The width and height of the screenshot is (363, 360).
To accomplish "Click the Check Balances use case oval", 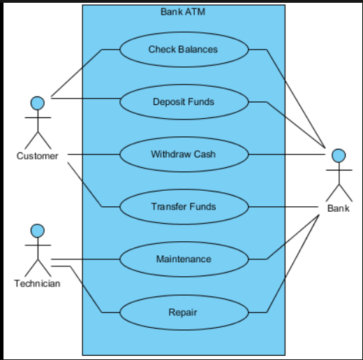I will [184, 50].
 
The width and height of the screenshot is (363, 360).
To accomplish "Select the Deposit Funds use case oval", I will [184, 102].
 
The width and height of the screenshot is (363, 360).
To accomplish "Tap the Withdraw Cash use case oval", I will [184, 154].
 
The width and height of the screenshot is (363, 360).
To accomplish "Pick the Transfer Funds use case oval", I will [184, 207].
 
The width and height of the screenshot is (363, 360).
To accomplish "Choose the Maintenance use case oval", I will [184, 259].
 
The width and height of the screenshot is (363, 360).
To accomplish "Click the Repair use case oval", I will [184, 312].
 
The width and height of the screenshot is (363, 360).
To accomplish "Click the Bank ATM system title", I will [183, 11].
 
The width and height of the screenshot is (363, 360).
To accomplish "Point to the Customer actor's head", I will [38, 103].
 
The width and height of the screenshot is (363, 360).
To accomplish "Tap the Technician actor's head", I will [38, 230].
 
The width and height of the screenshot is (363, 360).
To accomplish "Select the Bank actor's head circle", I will [339, 155].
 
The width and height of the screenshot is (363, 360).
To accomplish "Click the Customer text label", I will [38, 156].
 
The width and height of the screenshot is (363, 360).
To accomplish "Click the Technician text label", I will [37, 283].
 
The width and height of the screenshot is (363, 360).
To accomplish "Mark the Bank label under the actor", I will [339, 208].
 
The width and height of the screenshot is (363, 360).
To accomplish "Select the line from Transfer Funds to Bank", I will [286, 207].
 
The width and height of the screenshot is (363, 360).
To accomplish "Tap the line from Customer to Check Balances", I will [77, 73].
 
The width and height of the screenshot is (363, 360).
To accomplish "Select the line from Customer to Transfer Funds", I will [85, 185].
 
